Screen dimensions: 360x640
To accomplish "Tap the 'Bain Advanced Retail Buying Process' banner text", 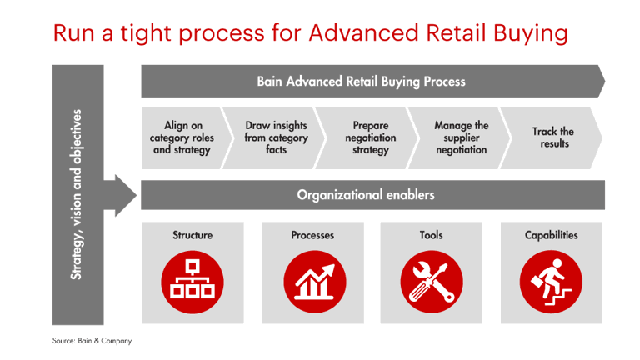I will tap(361, 82).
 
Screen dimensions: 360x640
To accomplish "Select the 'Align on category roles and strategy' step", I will tap(181, 137).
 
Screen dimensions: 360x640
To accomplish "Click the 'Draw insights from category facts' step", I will tap(276, 137).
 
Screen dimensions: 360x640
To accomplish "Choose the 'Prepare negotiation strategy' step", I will tap(370, 137).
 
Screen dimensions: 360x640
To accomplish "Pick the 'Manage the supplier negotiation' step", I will tap(462, 137).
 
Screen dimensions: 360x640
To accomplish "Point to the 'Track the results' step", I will tap(553, 137).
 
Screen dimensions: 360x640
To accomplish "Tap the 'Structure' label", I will tap(192, 236).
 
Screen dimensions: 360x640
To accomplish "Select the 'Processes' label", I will tap(313, 236).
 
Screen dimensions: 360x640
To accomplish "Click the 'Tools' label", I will tap(431, 236).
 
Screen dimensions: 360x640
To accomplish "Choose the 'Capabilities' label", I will tap(551, 236).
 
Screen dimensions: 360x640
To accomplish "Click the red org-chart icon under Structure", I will tap(192, 279).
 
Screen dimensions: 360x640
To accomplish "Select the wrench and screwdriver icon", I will tap(431, 279).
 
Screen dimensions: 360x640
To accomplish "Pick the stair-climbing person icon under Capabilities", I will tap(551, 279).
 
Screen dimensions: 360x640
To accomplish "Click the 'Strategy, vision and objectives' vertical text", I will tap(77, 194).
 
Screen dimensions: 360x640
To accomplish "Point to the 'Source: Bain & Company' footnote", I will tap(92, 340).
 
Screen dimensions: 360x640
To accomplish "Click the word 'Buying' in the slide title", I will tap(525, 34).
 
